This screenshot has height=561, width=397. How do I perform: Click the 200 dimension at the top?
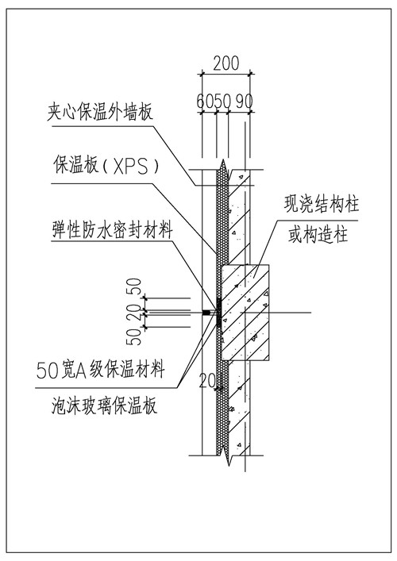[225, 63]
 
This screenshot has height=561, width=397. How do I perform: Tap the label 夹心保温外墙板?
[100, 112]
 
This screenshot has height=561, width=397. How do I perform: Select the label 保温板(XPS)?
[106, 166]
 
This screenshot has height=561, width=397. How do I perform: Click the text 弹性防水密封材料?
[113, 229]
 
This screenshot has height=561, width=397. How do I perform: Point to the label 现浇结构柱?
[322, 204]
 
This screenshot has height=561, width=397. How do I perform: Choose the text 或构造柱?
[318, 235]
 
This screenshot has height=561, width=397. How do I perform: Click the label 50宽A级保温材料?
[101, 370]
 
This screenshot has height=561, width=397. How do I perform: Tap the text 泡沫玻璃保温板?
[104, 407]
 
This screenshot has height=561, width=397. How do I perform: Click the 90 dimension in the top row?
[244, 102]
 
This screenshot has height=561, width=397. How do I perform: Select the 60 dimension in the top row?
[205, 102]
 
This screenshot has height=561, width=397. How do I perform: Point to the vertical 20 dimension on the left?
[135, 312]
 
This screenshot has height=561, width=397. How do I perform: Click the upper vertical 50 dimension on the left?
[135, 286]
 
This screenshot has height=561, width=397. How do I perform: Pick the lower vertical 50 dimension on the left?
[135, 336]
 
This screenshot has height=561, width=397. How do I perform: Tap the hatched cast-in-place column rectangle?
[245, 313]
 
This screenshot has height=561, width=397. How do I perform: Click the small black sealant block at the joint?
[206, 313]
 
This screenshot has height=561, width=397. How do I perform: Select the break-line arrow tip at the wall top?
[223, 160]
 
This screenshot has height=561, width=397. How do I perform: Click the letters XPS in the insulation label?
[130, 167]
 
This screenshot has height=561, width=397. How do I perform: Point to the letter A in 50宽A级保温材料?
[81, 371]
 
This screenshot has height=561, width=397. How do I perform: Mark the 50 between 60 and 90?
[222, 102]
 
